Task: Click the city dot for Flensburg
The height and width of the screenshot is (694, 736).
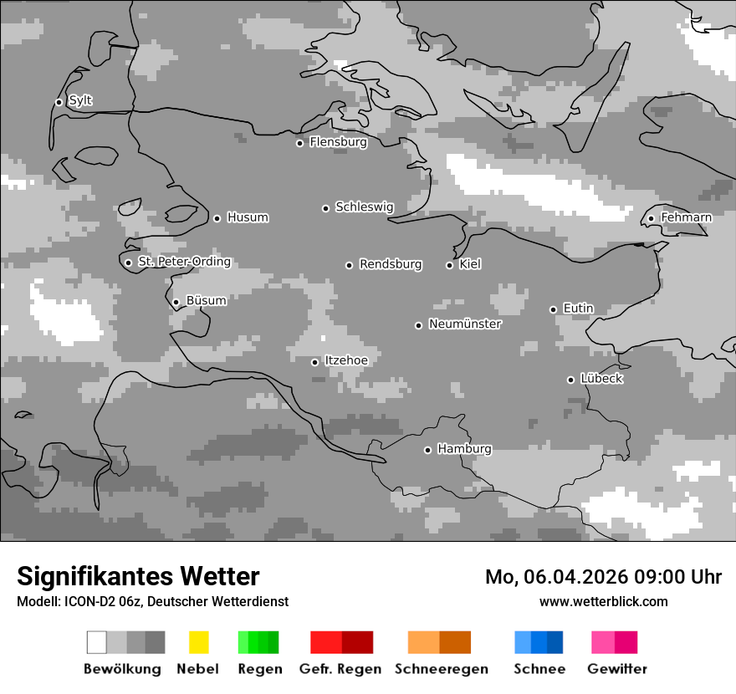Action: [x=299, y=143]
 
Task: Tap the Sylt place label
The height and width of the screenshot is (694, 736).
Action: [x=80, y=101]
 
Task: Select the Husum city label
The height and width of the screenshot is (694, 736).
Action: [x=248, y=217]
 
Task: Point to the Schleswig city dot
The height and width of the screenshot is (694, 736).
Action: [x=325, y=208]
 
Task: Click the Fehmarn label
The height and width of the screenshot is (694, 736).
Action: [x=686, y=217]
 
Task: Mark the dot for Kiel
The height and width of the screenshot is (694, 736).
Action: [x=449, y=265]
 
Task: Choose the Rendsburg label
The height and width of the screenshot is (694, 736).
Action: [x=391, y=264]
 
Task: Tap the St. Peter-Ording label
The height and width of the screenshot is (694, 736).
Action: [x=184, y=262]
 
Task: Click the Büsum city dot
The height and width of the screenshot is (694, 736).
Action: [x=176, y=303]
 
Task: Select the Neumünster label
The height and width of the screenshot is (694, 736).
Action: [x=465, y=324]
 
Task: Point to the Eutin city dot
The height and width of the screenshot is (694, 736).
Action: [x=553, y=309]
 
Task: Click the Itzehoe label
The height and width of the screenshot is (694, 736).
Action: [x=346, y=360]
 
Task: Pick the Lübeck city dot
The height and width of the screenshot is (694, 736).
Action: [x=570, y=380]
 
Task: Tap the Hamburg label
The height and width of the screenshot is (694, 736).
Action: [x=464, y=449]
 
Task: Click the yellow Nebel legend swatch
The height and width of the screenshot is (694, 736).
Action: [x=198, y=642]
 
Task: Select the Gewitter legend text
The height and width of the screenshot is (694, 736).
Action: [x=617, y=669]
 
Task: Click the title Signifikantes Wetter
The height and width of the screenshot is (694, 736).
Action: [x=138, y=576]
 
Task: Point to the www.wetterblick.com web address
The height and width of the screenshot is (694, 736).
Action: [x=603, y=601]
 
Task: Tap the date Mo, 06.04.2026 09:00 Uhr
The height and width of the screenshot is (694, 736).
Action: [x=603, y=577]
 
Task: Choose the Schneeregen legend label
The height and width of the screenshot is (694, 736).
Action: [x=442, y=669]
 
